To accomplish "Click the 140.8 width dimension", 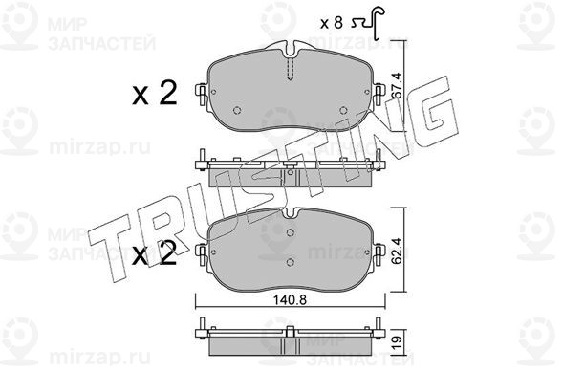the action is [291, 299].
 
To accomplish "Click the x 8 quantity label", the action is [331, 23].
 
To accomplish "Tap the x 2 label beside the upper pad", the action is [155, 93].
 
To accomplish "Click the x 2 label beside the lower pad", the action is [155, 252].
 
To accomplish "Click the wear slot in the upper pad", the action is [291, 69].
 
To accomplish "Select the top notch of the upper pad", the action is [291, 51].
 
